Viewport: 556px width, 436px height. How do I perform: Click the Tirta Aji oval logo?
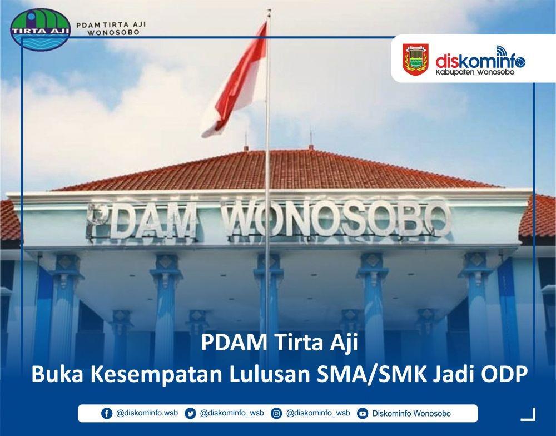[x=41, y=29]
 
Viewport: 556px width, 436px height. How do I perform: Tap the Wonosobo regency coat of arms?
[x=415, y=60]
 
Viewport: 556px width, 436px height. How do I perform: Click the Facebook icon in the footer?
[x=106, y=413]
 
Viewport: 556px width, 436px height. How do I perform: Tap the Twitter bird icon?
[x=190, y=413]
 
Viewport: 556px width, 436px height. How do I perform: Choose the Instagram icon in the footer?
[x=276, y=413]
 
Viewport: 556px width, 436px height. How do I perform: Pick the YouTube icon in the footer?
[x=363, y=413]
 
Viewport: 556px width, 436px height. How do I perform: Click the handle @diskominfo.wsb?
[x=147, y=413]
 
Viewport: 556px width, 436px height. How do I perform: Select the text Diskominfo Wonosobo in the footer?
[x=411, y=413]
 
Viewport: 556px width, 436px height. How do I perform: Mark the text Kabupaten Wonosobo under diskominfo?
[x=475, y=72]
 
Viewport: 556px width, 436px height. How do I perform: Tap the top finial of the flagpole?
[x=269, y=12]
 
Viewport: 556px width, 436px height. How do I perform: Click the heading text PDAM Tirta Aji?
[x=280, y=343]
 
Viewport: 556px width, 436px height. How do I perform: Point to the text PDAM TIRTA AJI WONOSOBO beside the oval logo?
[x=111, y=28]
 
